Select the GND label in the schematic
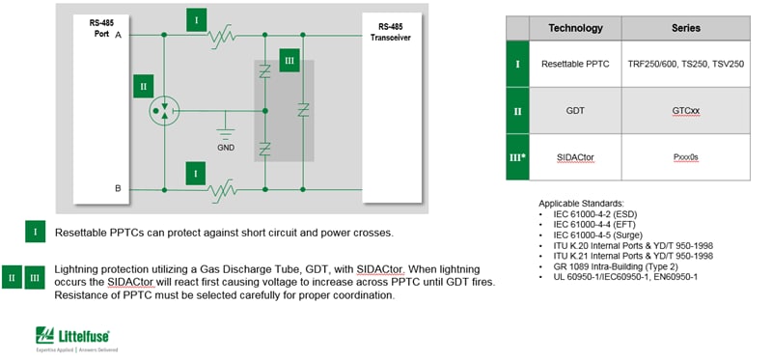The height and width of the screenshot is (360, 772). coord(226,146)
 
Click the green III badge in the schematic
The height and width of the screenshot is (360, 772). coord(288,60)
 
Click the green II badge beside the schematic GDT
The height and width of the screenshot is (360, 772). coord(143,86)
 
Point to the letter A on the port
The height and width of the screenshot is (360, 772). coord(119,35)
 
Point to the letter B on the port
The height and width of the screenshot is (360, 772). coord(119,187)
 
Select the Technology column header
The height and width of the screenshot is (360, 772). coord(575,28)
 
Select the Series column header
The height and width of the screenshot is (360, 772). coord(685,28)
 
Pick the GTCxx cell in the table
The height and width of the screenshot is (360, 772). coord(685,111)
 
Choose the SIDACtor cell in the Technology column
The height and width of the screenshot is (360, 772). coord(575,155)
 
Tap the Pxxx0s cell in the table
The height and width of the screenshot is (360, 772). coord(685,155)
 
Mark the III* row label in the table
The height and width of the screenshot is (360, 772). coord(517,155)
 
